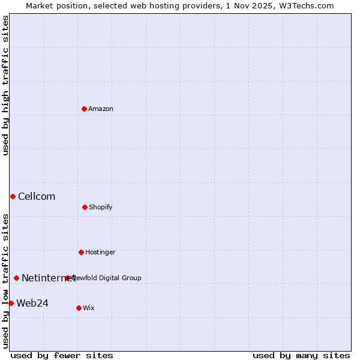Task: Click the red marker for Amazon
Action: click(x=84, y=109)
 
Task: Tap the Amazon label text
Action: click(x=101, y=109)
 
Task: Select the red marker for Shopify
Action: click(x=85, y=207)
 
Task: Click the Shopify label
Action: click(x=101, y=208)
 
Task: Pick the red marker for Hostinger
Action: click(x=81, y=252)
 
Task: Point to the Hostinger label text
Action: click(x=100, y=253)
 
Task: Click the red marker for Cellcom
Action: click(x=13, y=196)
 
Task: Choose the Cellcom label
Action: click(x=37, y=197)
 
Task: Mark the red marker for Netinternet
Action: click(x=16, y=278)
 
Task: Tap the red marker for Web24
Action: click(x=11, y=303)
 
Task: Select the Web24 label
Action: click(x=32, y=304)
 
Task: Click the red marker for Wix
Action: click(x=79, y=308)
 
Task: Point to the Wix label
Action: click(x=89, y=308)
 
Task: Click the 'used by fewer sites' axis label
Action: click(x=62, y=356)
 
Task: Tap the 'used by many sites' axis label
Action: click(x=301, y=356)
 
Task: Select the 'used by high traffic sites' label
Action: click(x=5, y=85)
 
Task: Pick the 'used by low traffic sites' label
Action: click(x=5, y=280)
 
